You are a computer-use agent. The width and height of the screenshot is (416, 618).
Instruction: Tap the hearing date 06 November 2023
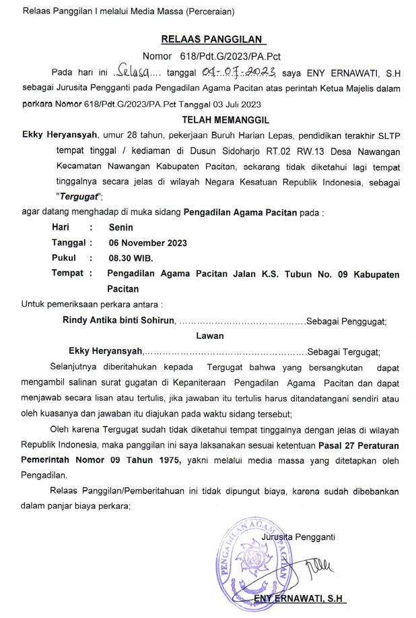coord(147,243)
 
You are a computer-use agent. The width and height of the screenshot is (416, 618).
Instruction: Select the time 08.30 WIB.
coord(131,258)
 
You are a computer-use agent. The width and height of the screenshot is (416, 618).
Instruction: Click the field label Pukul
coord(65,258)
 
